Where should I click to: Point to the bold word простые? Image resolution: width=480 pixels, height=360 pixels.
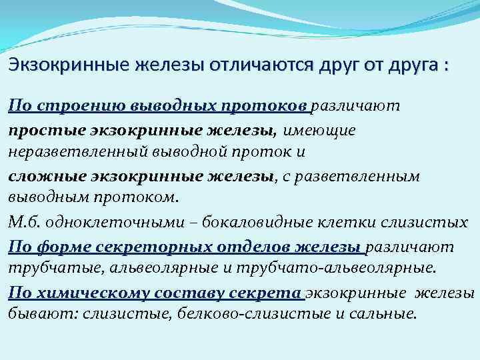[x=40, y=130]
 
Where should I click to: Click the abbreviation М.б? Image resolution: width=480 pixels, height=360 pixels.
[x=23, y=222]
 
